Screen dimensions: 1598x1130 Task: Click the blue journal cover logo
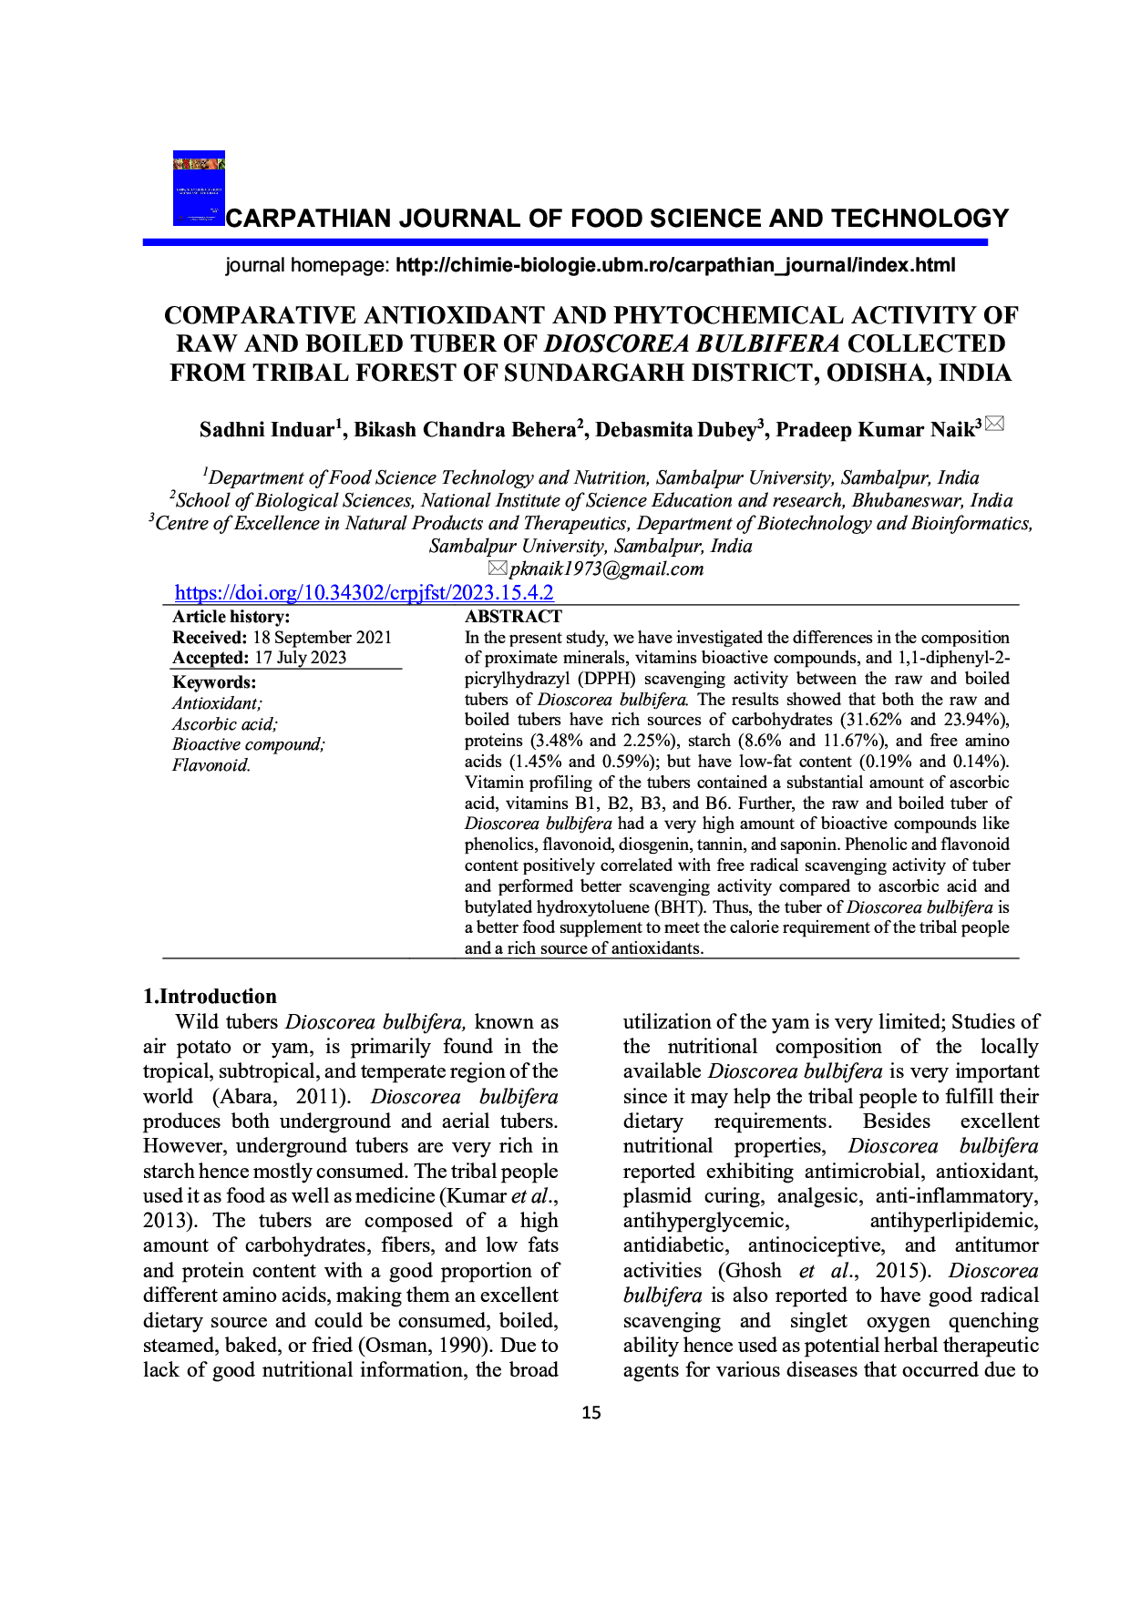coord(199,188)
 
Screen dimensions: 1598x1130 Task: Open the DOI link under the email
coord(364,593)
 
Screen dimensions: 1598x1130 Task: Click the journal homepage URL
coord(675,265)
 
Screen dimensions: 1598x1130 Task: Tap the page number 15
coord(591,1413)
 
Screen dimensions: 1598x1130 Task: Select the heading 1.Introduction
coord(210,996)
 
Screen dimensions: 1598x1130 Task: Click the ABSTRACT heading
coord(513,617)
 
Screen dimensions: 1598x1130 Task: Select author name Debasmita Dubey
coord(675,430)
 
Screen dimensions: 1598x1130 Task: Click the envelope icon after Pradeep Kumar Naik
coord(994,424)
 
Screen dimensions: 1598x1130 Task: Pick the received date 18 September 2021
coord(322,638)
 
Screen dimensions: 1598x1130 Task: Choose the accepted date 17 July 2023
coord(300,658)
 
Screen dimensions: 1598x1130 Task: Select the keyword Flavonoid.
coord(211,765)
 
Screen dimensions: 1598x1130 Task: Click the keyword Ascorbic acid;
coord(225,724)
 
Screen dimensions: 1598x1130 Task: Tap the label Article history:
coord(231,617)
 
